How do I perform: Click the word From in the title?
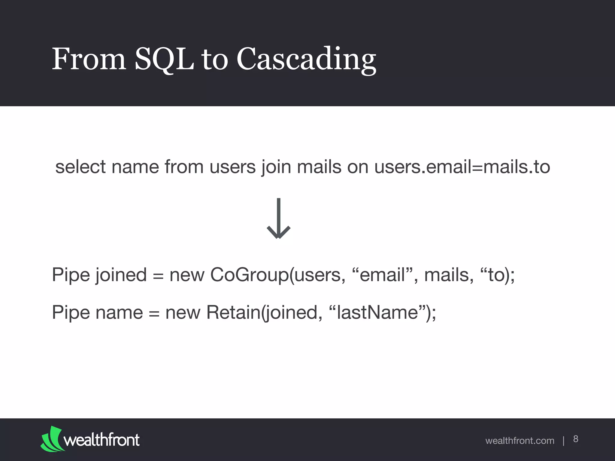point(89,59)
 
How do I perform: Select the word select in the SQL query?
point(80,167)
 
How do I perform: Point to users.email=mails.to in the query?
point(462,167)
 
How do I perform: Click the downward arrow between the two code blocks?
point(278,219)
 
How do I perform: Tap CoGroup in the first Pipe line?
point(249,275)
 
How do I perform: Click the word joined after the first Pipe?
point(121,275)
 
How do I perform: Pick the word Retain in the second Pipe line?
point(233,312)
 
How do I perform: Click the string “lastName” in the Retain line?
point(377,312)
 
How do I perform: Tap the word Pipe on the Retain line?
point(71,312)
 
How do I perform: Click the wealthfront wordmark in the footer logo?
point(101,440)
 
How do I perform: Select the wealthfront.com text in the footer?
point(520,441)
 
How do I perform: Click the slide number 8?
point(575,439)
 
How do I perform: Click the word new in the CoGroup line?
point(187,275)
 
